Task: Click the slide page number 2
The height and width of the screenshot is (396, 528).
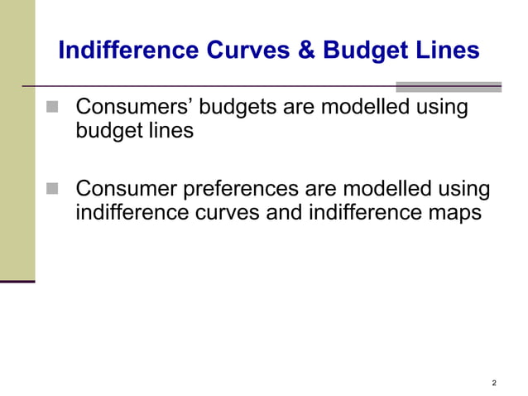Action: coord(494,382)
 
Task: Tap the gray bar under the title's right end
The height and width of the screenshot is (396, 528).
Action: coord(449,86)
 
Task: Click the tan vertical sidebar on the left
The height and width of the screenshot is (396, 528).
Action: coord(17,141)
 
